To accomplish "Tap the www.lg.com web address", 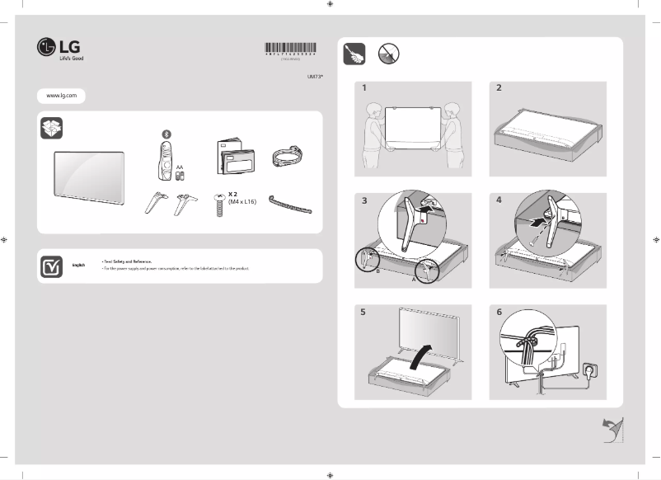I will point(61,96).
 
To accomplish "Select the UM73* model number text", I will point(316,76).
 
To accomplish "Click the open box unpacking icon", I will point(51,129).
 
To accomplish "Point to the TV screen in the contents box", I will point(89,176).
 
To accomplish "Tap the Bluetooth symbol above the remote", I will point(164,134).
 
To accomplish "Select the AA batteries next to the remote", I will point(180,176).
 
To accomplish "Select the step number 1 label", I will point(363,87).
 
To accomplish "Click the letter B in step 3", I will point(377,271).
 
